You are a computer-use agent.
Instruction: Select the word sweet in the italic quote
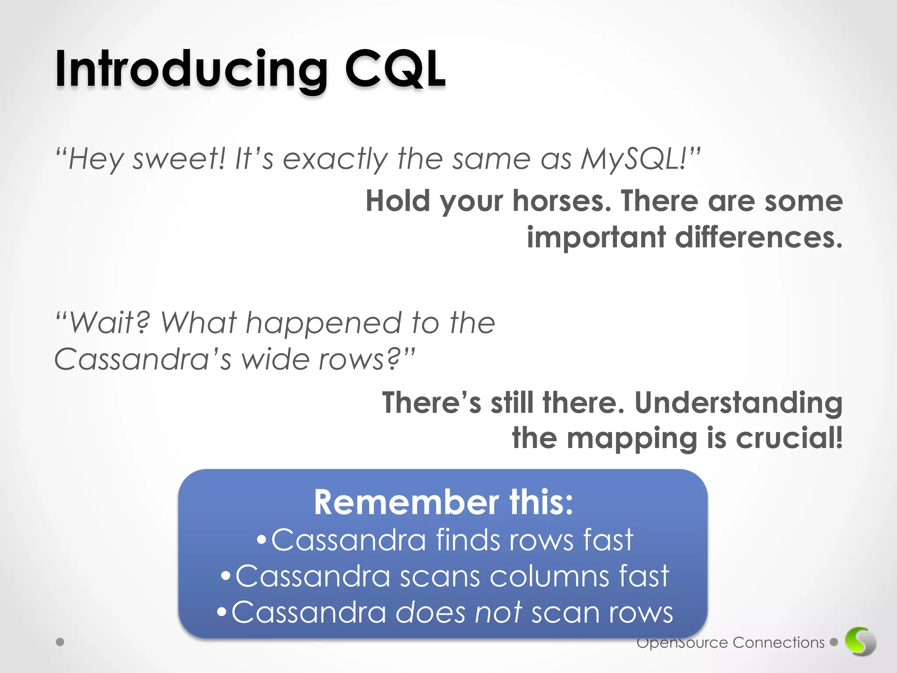178,159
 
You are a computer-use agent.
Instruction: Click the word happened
323,323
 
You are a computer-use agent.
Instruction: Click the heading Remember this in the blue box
443,502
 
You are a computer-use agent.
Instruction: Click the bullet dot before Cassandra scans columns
226,576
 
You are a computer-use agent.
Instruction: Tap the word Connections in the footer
778,643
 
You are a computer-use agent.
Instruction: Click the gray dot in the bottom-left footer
60,642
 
